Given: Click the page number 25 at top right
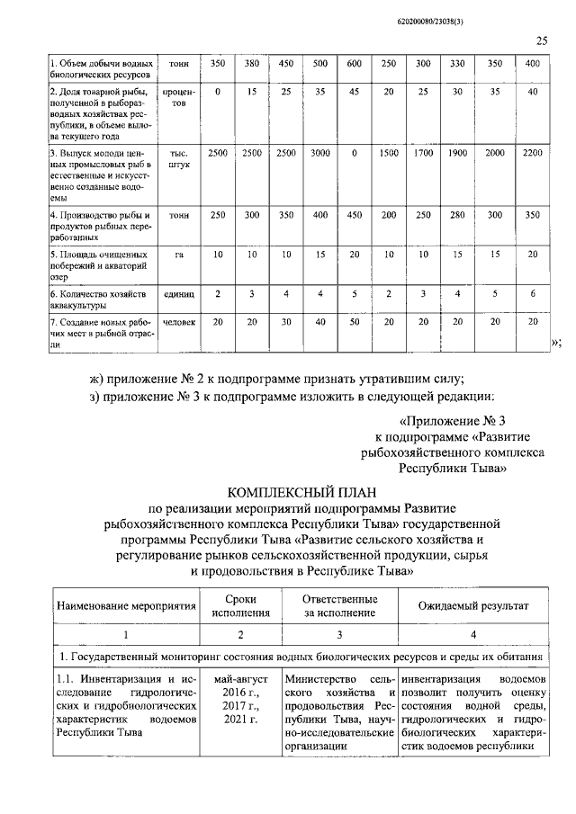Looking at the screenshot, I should click(x=542, y=40).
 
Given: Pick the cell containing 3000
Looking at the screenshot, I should click(x=319, y=154).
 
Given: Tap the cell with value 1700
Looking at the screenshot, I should click(x=423, y=154).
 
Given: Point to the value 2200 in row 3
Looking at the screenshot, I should click(x=532, y=154).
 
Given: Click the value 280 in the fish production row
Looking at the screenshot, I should click(x=457, y=217).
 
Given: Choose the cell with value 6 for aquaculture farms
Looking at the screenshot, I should click(x=532, y=294).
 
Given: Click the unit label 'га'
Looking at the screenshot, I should click(x=179, y=255).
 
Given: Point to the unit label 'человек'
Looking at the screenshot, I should click(x=179, y=322).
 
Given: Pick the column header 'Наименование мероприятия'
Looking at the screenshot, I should click(x=127, y=607).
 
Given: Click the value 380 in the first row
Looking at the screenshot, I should click(x=251, y=64).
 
